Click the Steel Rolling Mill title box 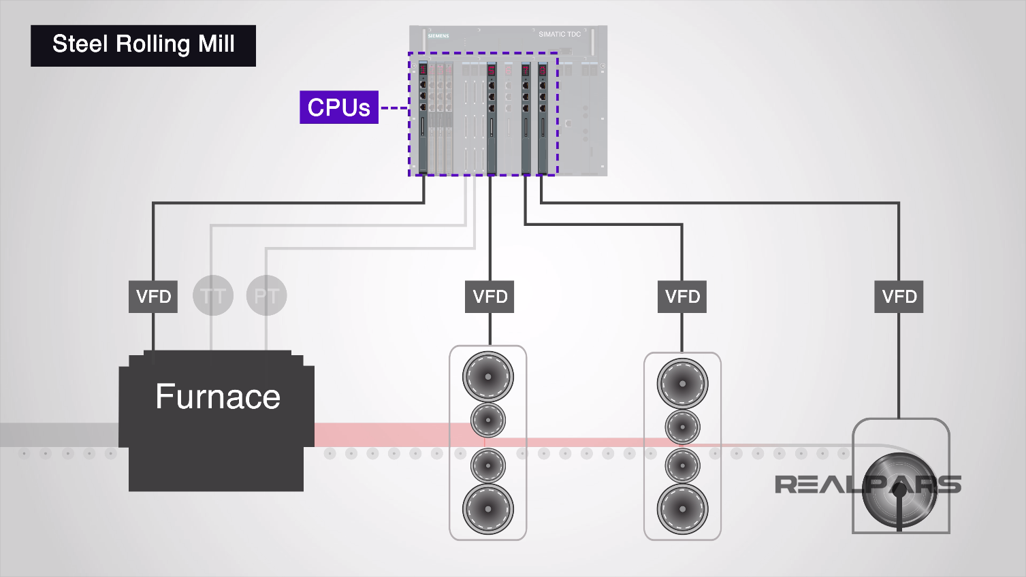click(143, 46)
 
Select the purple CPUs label click(338, 108)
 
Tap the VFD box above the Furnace click(153, 297)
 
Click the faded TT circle click(213, 296)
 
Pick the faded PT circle click(266, 296)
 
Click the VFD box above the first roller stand click(490, 297)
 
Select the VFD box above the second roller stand click(682, 297)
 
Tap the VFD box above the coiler click(899, 297)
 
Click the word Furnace click(217, 397)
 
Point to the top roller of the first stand click(488, 376)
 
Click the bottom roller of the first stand click(488, 508)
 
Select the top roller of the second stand click(682, 383)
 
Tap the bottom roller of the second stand click(682, 508)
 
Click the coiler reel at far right click(899, 491)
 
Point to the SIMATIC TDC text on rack click(560, 34)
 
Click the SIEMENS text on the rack click(438, 36)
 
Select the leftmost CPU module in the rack click(423, 116)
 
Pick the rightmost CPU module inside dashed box click(543, 116)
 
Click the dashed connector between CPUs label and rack click(394, 108)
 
